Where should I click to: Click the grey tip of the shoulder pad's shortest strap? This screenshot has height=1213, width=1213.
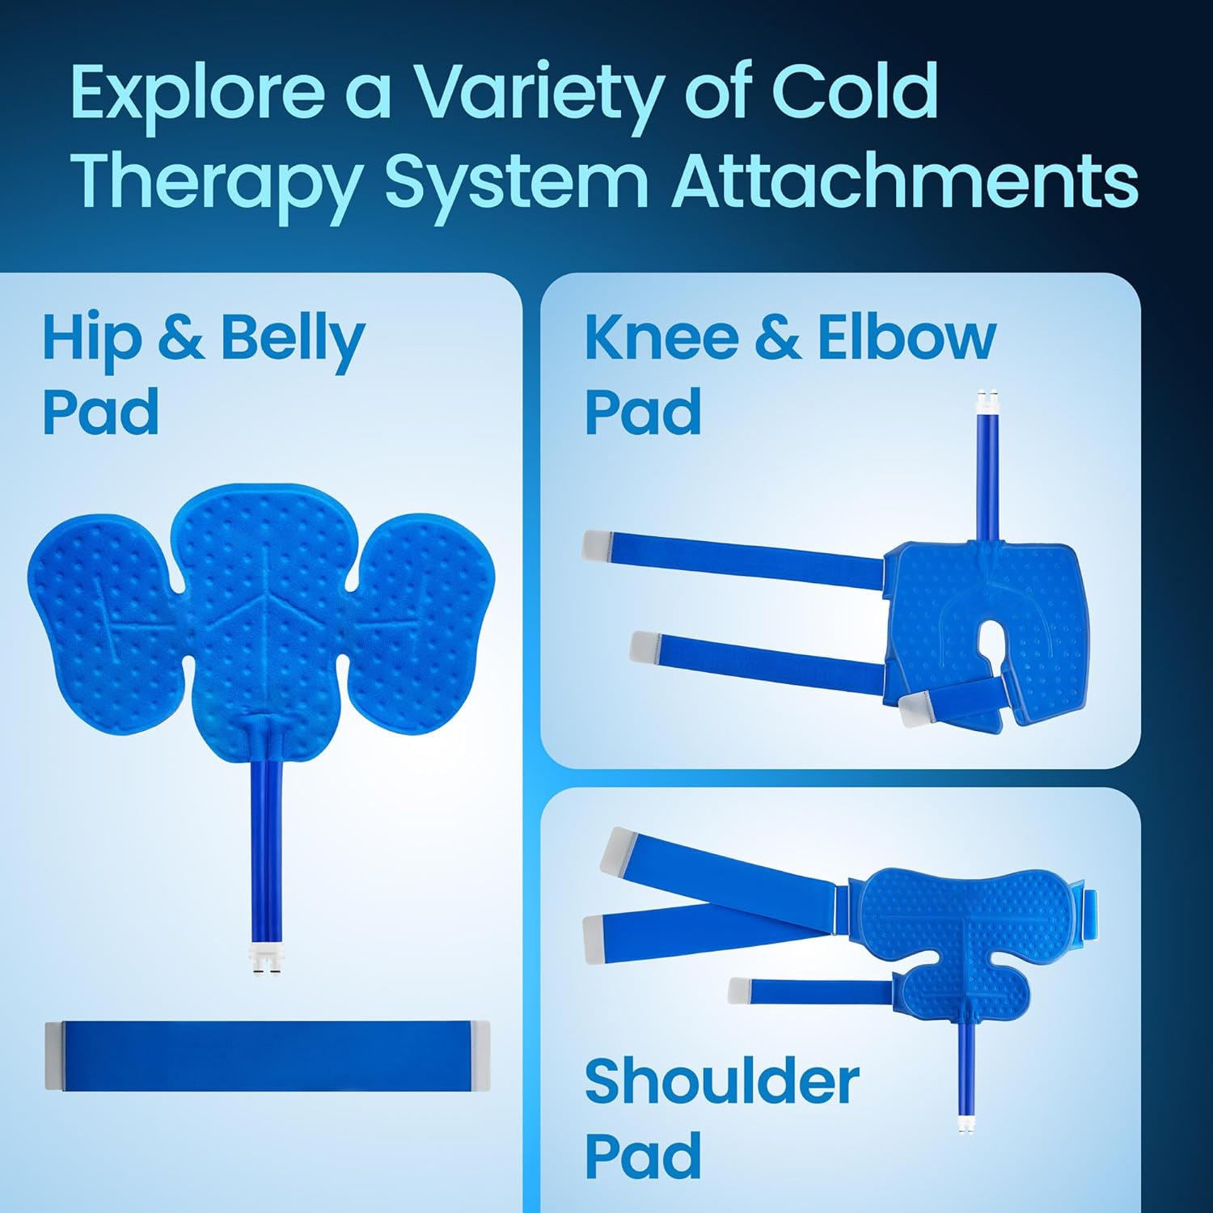point(738,989)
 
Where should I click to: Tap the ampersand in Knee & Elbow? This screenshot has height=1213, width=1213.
point(777,339)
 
